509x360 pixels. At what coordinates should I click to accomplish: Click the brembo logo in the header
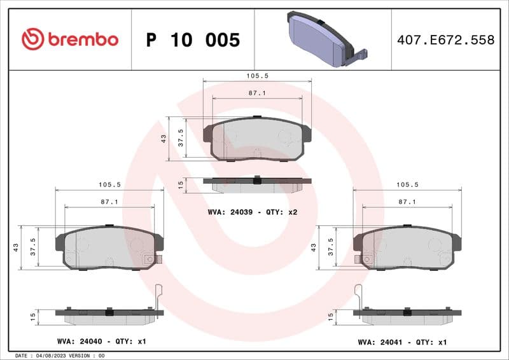pyautogui.click(x=70, y=39)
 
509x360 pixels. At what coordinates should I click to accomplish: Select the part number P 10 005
pyautogui.click(x=193, y=40)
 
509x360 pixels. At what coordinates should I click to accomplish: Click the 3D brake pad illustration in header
pyautogui.click(x=321, y=39)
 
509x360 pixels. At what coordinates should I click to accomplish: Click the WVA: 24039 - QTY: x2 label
pyautogui.click(x=253, y=212)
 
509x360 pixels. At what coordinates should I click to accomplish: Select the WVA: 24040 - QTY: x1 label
pyautogui.click(x=101, y=342)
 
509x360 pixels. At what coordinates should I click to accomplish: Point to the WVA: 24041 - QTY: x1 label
pyautogui.click(x=402, y=342)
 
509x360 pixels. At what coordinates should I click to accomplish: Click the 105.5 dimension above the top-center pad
pyautogui.click(x=257, y=75)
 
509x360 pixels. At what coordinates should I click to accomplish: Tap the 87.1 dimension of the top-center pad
pyautogui.click(x=257, y=93)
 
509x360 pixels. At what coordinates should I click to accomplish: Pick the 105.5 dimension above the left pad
pyautogui.click(x=109, y=184)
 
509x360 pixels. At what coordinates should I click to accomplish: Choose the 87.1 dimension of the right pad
pyautogui.click(x=407, y=202)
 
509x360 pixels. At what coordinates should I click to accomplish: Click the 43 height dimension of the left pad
pyautogui.click(x=15, y=247)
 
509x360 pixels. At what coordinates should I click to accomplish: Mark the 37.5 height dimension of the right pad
pyautogui.click(x=330, y=247)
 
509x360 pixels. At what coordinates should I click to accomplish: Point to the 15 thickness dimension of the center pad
pyautogui.click(x=181, y=184)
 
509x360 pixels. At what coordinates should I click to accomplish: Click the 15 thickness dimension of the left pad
pyautogui.click(x=33, y=316)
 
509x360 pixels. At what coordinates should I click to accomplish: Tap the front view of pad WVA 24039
pyautogui.click(x=257, y=139)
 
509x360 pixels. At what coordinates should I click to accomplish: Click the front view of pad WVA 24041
pyautogui.click(x=407, y=248)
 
